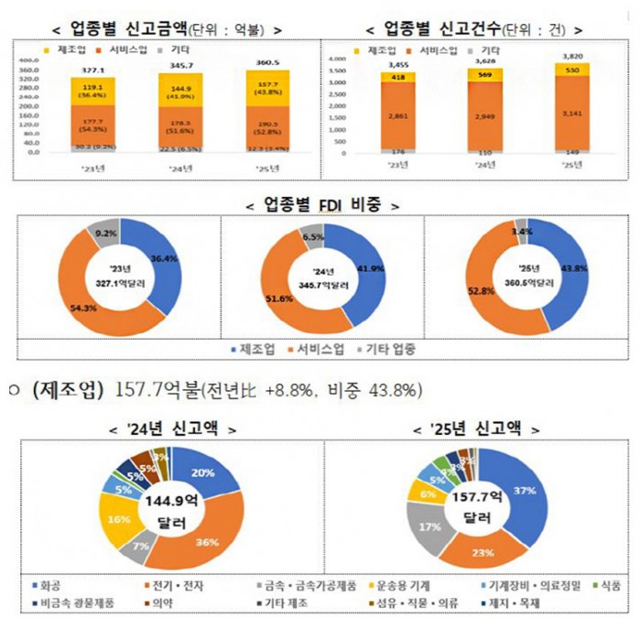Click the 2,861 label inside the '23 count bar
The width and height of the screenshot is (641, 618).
click(404, 117)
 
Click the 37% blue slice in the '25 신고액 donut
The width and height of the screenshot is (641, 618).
click(524, 491)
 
